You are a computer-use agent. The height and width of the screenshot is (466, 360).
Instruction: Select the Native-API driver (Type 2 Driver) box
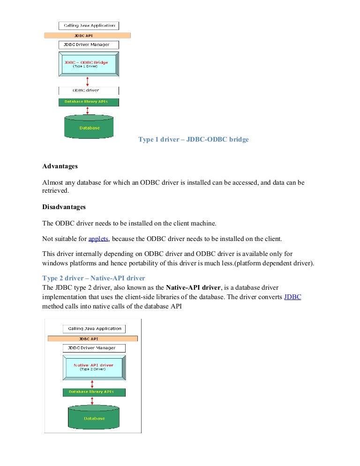94,367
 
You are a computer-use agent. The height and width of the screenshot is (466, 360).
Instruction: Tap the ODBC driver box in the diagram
89,90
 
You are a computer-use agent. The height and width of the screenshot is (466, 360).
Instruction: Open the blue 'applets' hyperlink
98,239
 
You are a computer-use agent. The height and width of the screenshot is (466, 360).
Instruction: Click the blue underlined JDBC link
292,297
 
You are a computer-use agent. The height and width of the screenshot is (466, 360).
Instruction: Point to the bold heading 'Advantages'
60,166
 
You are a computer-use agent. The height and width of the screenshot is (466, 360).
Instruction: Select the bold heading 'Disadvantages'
64,207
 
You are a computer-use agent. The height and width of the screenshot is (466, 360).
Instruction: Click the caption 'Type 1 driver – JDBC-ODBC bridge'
193,140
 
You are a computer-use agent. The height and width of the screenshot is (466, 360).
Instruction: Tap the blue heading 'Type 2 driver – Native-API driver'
94,278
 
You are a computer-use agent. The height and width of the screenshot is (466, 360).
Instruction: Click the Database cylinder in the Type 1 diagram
89,127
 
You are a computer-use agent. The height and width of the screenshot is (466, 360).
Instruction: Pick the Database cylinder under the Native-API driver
94,418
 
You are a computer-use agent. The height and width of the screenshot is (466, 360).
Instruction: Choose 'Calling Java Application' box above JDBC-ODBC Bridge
89,26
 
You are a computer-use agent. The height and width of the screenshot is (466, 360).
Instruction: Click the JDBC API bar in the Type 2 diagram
93,338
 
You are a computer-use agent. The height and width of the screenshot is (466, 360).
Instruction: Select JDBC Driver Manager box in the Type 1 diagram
89,45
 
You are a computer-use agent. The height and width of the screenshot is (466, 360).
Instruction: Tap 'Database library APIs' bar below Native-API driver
94,392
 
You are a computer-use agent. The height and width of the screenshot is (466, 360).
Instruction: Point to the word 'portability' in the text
139,263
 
